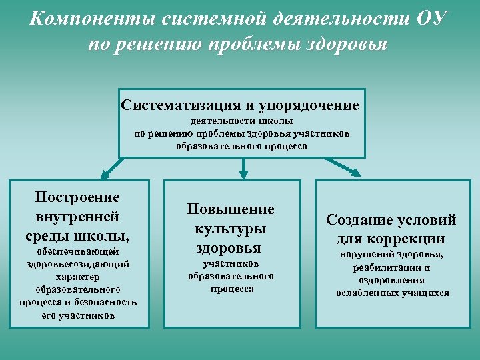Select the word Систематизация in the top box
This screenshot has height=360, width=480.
(x=177, y=105)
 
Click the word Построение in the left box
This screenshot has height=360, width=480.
(x=77, y=197)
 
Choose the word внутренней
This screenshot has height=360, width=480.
(x=77, y=216)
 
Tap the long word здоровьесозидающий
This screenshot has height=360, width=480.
(x=77, y=264)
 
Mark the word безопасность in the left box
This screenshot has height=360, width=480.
(x=106, y=302)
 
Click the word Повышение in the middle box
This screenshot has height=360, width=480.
(x=230, y=209)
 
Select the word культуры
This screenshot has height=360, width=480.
(x=230, y=228)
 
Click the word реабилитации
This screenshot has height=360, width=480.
(x=391, y=267)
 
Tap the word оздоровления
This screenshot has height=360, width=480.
(x=391, y=280)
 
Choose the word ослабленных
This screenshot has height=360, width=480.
(x=366, y=293)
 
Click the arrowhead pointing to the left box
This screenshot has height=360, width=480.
(x=103, y=175)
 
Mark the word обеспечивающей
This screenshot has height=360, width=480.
(x=77, y=251)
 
